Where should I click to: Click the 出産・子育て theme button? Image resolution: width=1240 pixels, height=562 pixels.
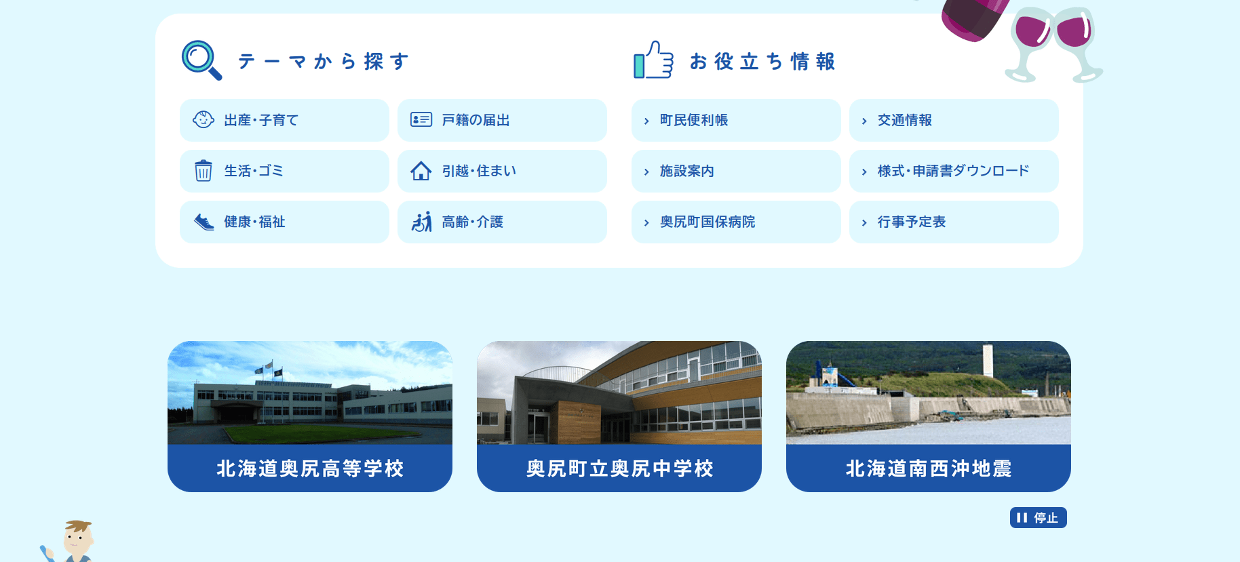[x=284, y=120]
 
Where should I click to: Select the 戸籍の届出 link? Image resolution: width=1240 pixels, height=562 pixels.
[x=502, y=120]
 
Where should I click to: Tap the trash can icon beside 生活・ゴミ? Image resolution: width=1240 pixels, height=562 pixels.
[x=203, y=171]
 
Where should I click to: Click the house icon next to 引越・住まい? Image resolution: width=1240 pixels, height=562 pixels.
[x=421, y=171]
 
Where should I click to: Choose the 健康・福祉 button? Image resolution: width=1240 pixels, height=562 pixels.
[x=284, y=222]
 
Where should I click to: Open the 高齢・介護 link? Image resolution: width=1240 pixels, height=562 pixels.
[x=502, y=222]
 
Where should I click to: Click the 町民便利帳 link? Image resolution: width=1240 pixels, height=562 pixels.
[x=736, y=120]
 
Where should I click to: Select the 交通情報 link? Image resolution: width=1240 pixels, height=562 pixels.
[x=954, y=120]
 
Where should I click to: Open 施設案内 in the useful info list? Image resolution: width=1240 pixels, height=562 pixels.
[x=736, y=171]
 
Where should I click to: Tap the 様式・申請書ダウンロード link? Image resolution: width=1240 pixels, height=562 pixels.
[x=954, y=171]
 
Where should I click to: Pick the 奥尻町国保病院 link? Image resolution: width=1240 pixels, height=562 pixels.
[x=736, y=222]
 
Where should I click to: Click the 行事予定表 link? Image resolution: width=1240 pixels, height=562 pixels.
[x=954, y=222]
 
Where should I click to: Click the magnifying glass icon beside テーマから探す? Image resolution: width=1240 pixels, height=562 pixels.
[x=201, y=60]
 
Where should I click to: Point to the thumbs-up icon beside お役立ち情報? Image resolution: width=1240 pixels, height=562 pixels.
[x=653, y=60]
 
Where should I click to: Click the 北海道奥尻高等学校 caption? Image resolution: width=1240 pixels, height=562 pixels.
[x=310, y=468]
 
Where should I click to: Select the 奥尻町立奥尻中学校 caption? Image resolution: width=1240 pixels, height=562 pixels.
[x=619, y=468]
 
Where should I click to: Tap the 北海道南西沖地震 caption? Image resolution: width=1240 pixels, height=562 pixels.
[x=929, y=468]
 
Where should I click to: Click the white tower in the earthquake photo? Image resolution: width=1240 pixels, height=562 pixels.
[x=988, y=360]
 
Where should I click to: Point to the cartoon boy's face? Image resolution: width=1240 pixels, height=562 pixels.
[x=78, y=539]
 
